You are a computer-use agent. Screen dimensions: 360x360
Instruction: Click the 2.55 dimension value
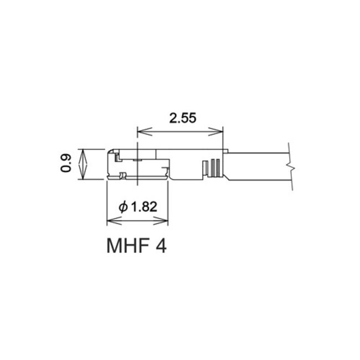[x=179, y=118]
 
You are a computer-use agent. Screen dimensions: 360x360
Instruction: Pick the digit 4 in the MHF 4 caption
[x=161, y=244]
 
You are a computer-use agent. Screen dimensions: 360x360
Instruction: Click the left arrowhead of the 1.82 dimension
[x=110, y=220]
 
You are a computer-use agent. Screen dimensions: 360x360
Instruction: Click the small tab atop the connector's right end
[x=226, y=150]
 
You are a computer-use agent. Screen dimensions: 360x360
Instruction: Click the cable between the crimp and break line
[x=258, y=167]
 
